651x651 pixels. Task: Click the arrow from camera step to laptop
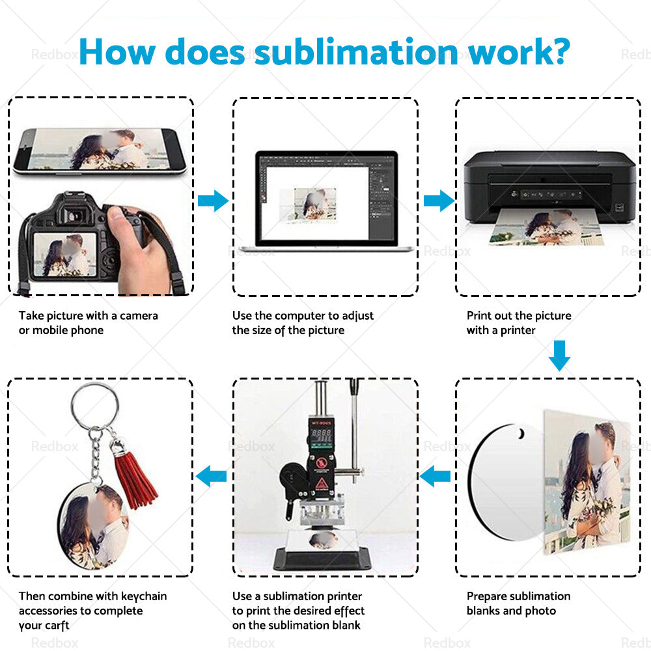coord(213,201)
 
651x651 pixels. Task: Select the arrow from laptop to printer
coord(439,201)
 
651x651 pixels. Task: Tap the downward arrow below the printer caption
coord(559,355)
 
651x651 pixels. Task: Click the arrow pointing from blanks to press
coord(436,477)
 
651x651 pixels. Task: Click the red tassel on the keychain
coord(135,478)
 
